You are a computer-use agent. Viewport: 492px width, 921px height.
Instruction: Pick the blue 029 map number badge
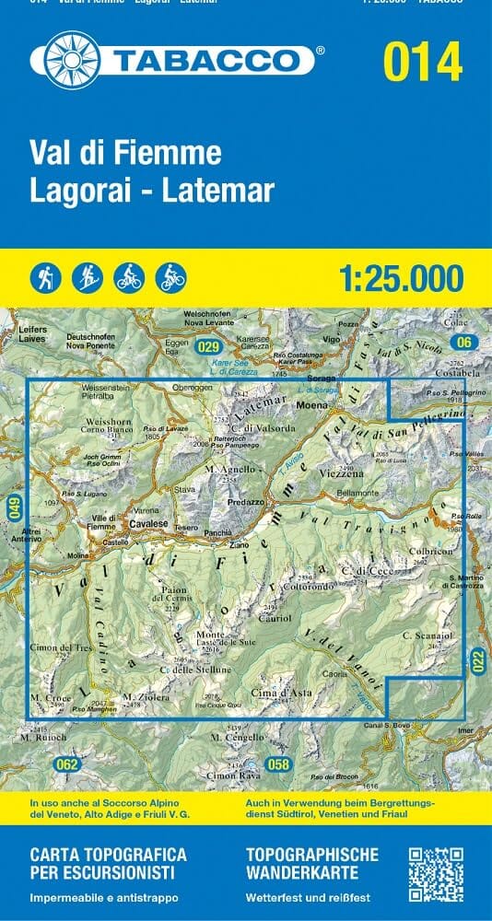208,346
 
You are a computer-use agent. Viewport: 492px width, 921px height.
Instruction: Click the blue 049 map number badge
14,508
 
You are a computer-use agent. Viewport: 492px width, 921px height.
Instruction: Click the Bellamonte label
359,494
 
